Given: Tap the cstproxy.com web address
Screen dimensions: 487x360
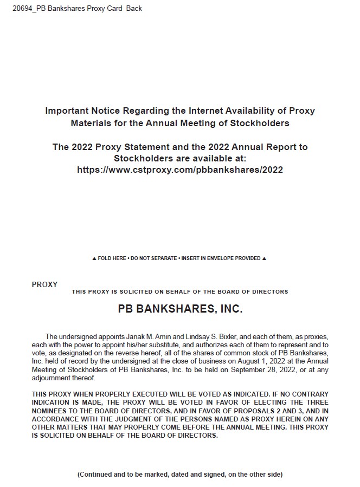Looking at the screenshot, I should click(180, 170).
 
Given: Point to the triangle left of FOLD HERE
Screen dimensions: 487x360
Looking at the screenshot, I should click(94, 258).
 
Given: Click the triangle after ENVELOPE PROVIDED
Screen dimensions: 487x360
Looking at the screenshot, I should click(264, 258).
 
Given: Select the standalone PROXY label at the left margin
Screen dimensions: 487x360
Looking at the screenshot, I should click(44, 284).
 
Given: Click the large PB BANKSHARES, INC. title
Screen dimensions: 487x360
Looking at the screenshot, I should click(180, 309).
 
